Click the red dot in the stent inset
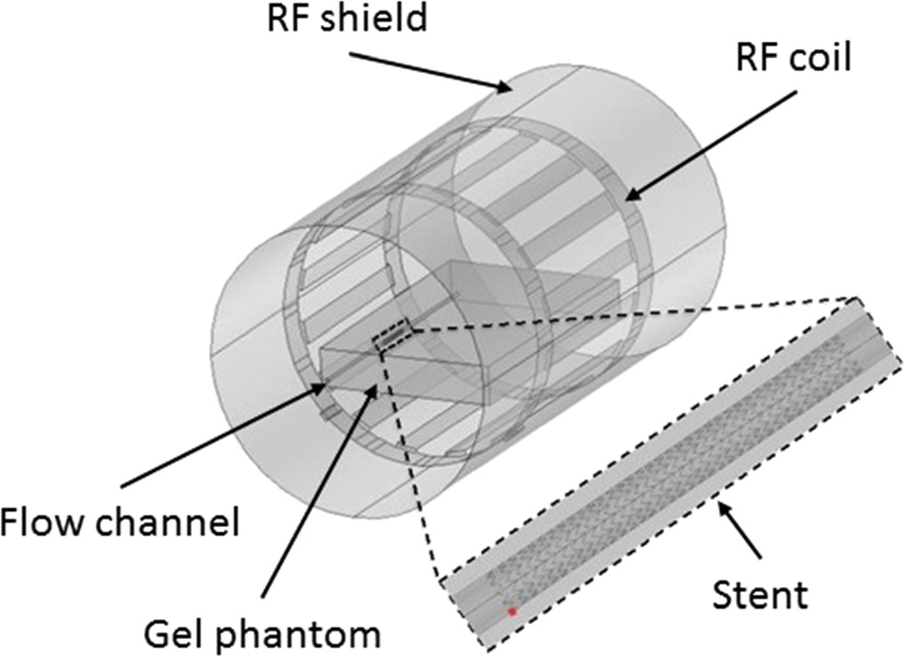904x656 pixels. (x=512, y=612)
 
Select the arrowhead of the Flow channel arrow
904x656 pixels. (x=324, y=385)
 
